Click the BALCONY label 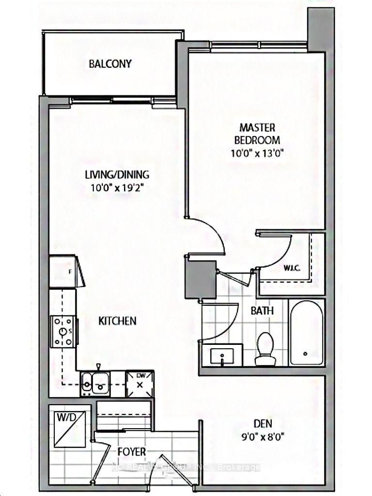[110, 64]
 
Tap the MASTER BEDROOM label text [257, 134]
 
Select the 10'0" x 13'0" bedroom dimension [258, 153]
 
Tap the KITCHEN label [117, 321]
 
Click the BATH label [262, 310]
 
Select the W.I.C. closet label [291, 268]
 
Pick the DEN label [262, 423]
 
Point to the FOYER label [131, 452]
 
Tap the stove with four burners [63, 331]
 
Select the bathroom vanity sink [222, 357]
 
